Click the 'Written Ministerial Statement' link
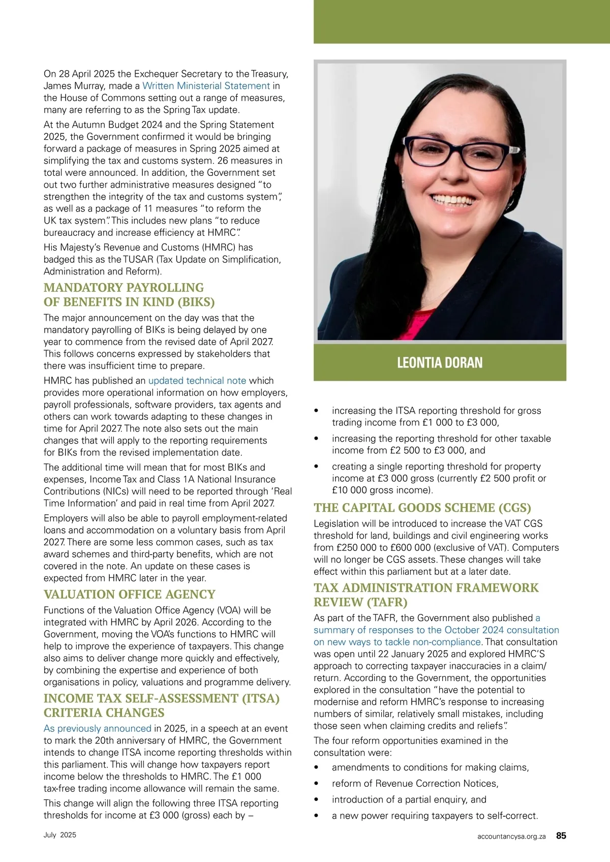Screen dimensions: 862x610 click(206, 86)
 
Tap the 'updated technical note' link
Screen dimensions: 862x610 click(197, 381)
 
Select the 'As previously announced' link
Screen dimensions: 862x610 click(97, 728)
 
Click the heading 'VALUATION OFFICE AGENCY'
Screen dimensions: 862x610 click(129, 594)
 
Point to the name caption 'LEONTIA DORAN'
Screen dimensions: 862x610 click(440, 362)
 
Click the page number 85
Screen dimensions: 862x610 click(561, 836)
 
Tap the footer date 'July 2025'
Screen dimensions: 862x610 click(59, 835)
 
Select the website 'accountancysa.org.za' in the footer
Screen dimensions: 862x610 click(511, 836)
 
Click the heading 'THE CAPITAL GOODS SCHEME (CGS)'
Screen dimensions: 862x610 click(422, 508)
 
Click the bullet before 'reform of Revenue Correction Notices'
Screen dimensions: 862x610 click(317, 784)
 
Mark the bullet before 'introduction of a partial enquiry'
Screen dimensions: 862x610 click(317, 800)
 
